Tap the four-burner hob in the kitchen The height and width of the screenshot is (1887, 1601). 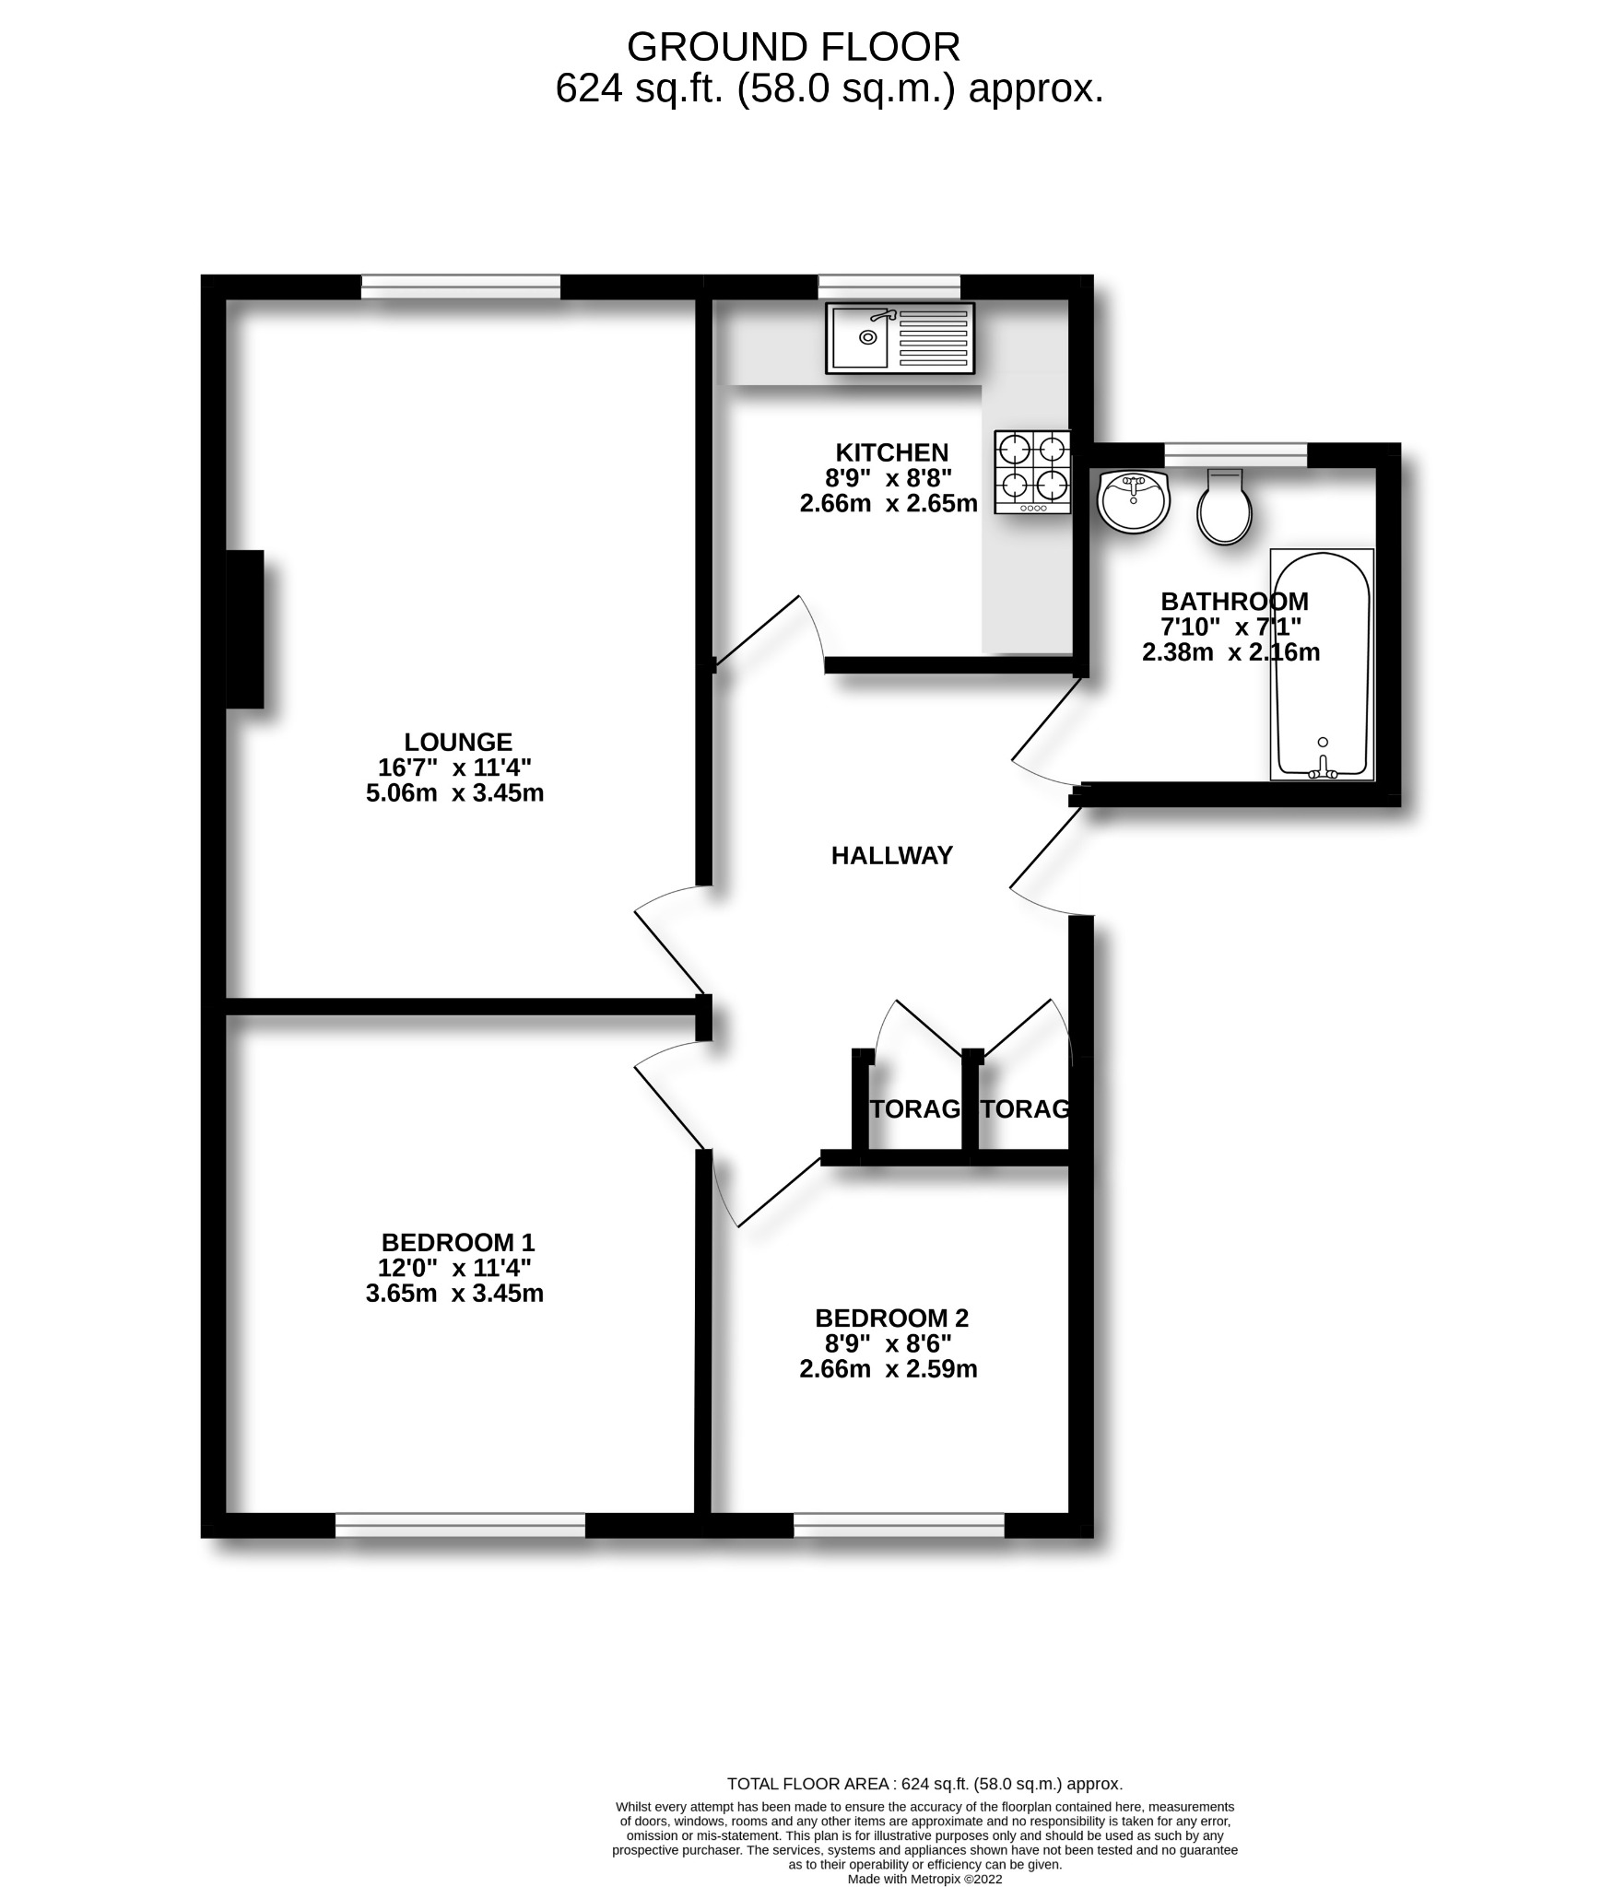tap(1032, 472)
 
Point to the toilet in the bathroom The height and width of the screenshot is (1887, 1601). tap(1224, 509)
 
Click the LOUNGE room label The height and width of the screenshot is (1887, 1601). tap(458, 742)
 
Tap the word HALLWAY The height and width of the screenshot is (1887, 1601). tap(891, 856)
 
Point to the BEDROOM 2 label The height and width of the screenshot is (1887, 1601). tap(891, 1319)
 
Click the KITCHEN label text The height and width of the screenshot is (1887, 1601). tap(891, 452)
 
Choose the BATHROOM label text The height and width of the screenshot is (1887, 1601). tap(1234, 602)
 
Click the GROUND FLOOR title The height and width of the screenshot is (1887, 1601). tap(793, 46)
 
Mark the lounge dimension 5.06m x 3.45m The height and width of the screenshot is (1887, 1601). tap(454, 793)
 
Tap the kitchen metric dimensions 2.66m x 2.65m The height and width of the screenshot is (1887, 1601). tap(889, 504)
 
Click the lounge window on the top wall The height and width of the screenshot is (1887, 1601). tap(460, 287)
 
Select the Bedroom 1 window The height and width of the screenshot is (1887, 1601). tap(460, 1526)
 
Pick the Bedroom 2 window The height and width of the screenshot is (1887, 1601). tap(899, 1526)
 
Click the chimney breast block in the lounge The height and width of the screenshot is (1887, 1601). tap(244, 629)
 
